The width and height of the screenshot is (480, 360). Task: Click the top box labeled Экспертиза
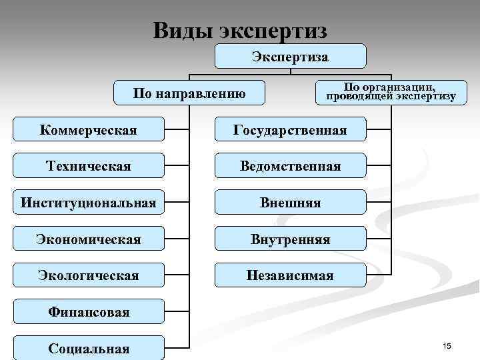290,57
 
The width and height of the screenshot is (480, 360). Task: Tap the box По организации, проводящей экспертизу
391,92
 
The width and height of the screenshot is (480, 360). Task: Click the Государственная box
290,129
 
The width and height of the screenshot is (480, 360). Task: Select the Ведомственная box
290,165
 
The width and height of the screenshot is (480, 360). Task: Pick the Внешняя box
290,202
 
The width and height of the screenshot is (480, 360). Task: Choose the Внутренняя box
290,239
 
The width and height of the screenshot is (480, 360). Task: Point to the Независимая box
290,275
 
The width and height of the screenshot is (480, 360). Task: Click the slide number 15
447,345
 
